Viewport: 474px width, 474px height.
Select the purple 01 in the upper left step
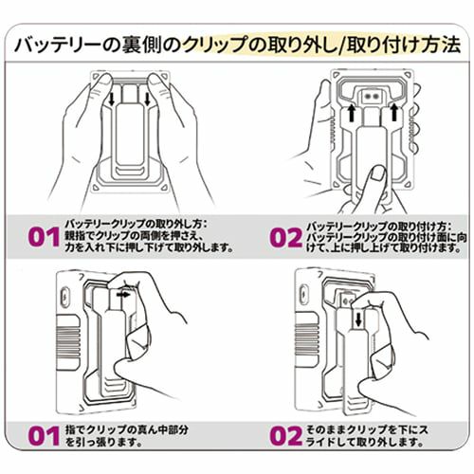point(44,237)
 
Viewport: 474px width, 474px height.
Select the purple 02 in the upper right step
point(286,237)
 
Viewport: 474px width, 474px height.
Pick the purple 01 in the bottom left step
point(44,436)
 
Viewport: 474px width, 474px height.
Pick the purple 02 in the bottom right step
point(286,436)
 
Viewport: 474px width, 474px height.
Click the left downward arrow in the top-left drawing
point(111,100)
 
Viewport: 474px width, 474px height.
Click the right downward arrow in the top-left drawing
point(147,100)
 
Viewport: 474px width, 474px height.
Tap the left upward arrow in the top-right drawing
point(351,113)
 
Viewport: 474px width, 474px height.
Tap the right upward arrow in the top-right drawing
point(393,112)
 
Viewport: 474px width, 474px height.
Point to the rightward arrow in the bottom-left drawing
point(123,294)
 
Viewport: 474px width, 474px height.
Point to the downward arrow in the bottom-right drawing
point(358,319)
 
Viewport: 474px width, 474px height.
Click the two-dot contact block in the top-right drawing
point(372,97)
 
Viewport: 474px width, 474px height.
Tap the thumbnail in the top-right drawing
point(377,174)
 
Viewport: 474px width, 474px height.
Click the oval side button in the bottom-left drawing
point(64,297)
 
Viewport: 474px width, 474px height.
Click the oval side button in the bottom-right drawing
point(304,295)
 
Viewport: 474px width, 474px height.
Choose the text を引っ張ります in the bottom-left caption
point(104,442)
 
